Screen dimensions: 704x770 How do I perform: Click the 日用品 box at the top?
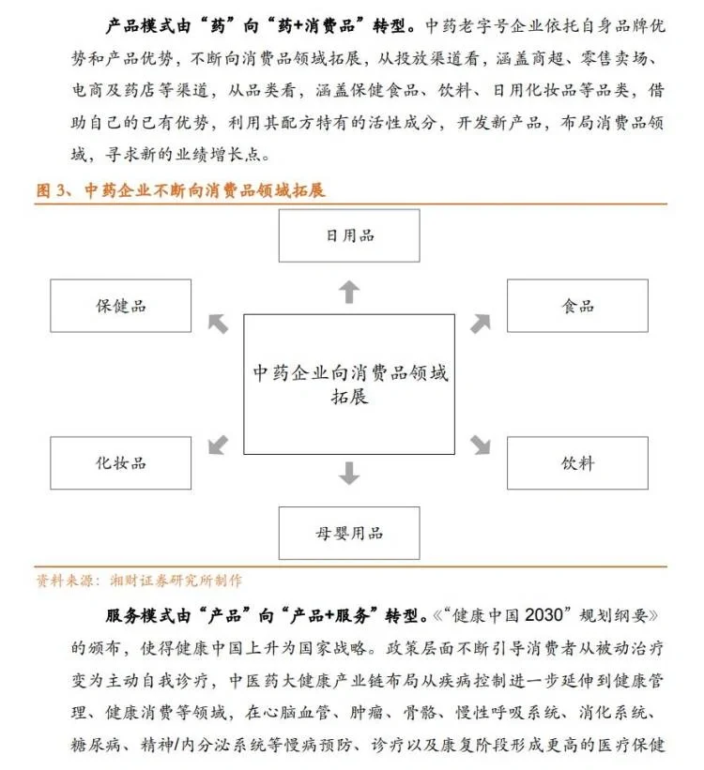click(x=349, y=234)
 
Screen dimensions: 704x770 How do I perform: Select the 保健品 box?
click(x=121, y=306)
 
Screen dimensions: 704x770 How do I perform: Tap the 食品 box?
click(x=577, y=306)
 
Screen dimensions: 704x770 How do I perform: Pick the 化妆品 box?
click(x=121, y=462)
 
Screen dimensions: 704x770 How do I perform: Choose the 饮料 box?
click(x=577, y=462)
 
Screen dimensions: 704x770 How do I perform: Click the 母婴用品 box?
click(x=349, y=533)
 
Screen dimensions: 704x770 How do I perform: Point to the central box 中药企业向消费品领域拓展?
click(x=349, y=384)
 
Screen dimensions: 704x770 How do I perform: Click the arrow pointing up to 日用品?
click(x=349, y=292)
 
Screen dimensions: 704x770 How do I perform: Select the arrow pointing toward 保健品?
click(x=218, y=324)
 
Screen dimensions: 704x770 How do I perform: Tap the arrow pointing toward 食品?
click(x=481, y=324)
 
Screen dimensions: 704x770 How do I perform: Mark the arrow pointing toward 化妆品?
click(x=218, y=444)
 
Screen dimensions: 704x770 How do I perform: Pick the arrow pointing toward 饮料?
click(x=481, y=444)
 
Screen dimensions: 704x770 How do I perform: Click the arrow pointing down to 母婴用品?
click(x=349, y=473)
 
